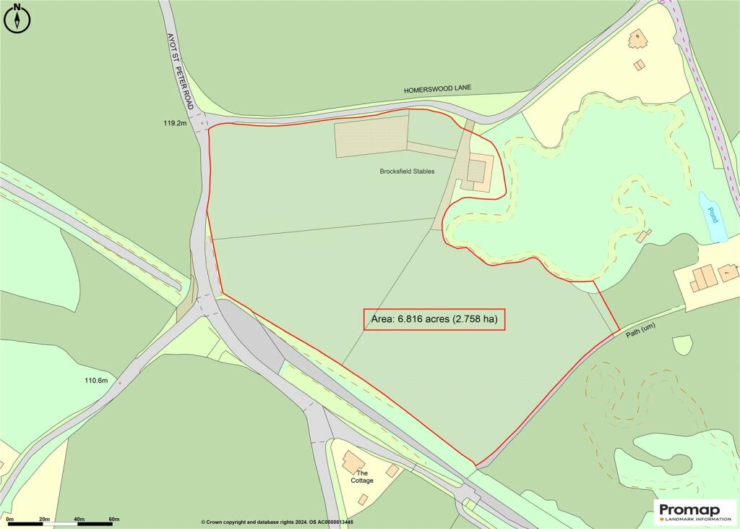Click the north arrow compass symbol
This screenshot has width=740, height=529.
tap(17, 17)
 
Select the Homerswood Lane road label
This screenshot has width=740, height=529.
tap(437, 88)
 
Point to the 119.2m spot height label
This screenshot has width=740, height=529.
tap(176, 124)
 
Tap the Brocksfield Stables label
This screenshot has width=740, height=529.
tap(408, 172)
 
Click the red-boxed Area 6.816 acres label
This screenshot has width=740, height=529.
tap(434, 319)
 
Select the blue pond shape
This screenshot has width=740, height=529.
tap(713, 217)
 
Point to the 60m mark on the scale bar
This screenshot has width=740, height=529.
tap(113, 520)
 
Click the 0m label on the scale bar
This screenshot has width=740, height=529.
tap(9, 520)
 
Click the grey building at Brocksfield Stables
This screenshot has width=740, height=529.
tap(476, 171)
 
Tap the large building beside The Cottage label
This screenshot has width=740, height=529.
tap(353, 460)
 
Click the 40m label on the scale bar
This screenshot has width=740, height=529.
tap(79, 520)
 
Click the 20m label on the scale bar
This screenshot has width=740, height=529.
tap(44, 520)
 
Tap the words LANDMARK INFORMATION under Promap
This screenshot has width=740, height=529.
tap(698, 518)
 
